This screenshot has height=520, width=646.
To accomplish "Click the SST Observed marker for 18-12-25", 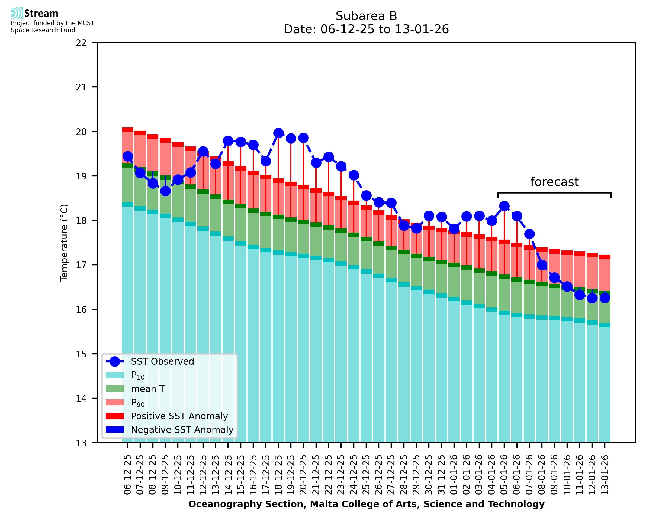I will (x=278, y=133).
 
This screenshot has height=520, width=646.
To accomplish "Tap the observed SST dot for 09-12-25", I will (x=165, y=191).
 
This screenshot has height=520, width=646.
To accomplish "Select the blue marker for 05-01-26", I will (x=504, y=206).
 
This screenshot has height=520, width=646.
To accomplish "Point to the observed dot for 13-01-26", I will (x=605, y=298).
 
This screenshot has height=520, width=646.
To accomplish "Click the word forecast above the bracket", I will (x=554, y=182).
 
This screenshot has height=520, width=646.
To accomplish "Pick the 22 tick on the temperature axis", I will (x=81, y=43).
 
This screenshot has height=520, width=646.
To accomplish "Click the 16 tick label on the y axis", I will (x=81, y=309).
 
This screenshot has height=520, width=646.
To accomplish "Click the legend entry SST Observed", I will (x=162, y=362).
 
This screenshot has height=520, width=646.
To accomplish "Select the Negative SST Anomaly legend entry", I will (x=182, y=430).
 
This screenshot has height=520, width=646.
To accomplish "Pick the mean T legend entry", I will (x=148, y=389).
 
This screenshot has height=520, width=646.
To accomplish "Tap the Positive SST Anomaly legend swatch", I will (x=115, y=416).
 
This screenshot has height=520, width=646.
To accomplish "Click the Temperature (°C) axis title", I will (x=64, y=243).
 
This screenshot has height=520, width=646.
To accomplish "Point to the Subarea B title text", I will (x=366, y=16).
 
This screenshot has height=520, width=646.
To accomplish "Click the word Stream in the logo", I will (x=41, y=14).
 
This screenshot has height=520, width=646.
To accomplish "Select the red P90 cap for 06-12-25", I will (x=128, y=130).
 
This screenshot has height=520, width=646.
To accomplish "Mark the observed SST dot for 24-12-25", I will (x=353, y=175).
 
